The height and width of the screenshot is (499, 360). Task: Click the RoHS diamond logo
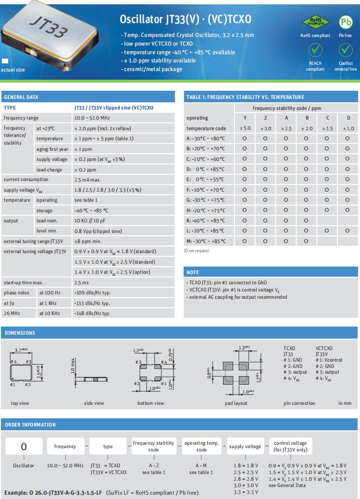tap(315, 22)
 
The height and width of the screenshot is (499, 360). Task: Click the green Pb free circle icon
tap(346, 22)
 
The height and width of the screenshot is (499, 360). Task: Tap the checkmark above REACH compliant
tap(315, 49)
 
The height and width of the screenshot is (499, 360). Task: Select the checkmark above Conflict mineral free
tap(346, 49)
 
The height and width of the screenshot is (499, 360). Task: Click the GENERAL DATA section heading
tap(21, 97)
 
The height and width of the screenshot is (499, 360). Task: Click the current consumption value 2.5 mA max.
tap(88, 180)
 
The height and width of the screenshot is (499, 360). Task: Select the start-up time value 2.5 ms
tap(82, 282)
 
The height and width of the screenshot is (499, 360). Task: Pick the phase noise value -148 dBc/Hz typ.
tap(92, 314)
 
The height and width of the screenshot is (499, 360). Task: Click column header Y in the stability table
tap(245, 118)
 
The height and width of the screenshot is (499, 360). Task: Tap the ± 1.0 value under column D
tap(348, 128)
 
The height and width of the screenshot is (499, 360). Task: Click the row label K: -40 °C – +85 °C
tap(206, 220)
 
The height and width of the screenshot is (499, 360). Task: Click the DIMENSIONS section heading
tap(20, 333)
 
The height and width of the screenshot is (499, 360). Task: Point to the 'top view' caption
tap(20, 403)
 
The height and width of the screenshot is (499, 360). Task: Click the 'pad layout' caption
tap(236, 403)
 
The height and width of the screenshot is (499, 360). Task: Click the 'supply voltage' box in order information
tap(245, 447)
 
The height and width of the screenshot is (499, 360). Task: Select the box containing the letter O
tap(24, 447)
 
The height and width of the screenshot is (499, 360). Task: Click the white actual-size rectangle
tap(5, 61)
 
